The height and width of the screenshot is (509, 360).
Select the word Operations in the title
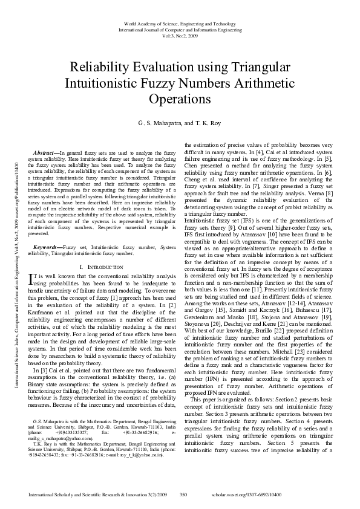pos(180,98)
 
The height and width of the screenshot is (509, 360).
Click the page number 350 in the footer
pos(184,494)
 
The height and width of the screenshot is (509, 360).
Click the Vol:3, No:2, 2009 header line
pos(180,35)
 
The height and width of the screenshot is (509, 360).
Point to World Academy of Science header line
pos(180,21)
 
